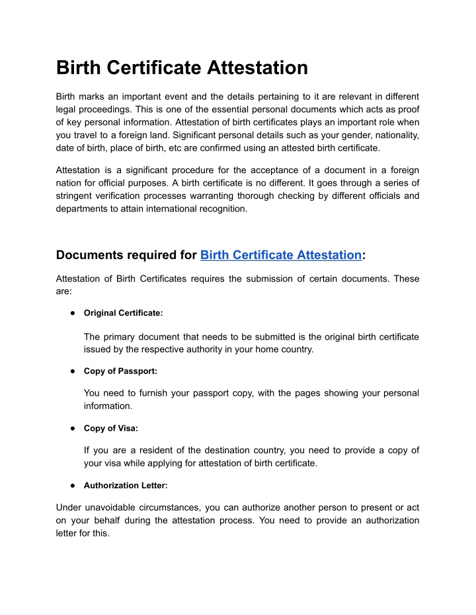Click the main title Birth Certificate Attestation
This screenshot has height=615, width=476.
tap(182, 67)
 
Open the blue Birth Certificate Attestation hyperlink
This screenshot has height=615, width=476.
tap(281, 255)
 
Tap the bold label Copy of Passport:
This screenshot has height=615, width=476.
tap(120, 371)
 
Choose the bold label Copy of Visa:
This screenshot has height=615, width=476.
tap(111, 428)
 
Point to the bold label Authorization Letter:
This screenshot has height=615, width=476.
tap(126, 485)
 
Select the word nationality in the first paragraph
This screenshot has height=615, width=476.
tap(393, 135)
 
